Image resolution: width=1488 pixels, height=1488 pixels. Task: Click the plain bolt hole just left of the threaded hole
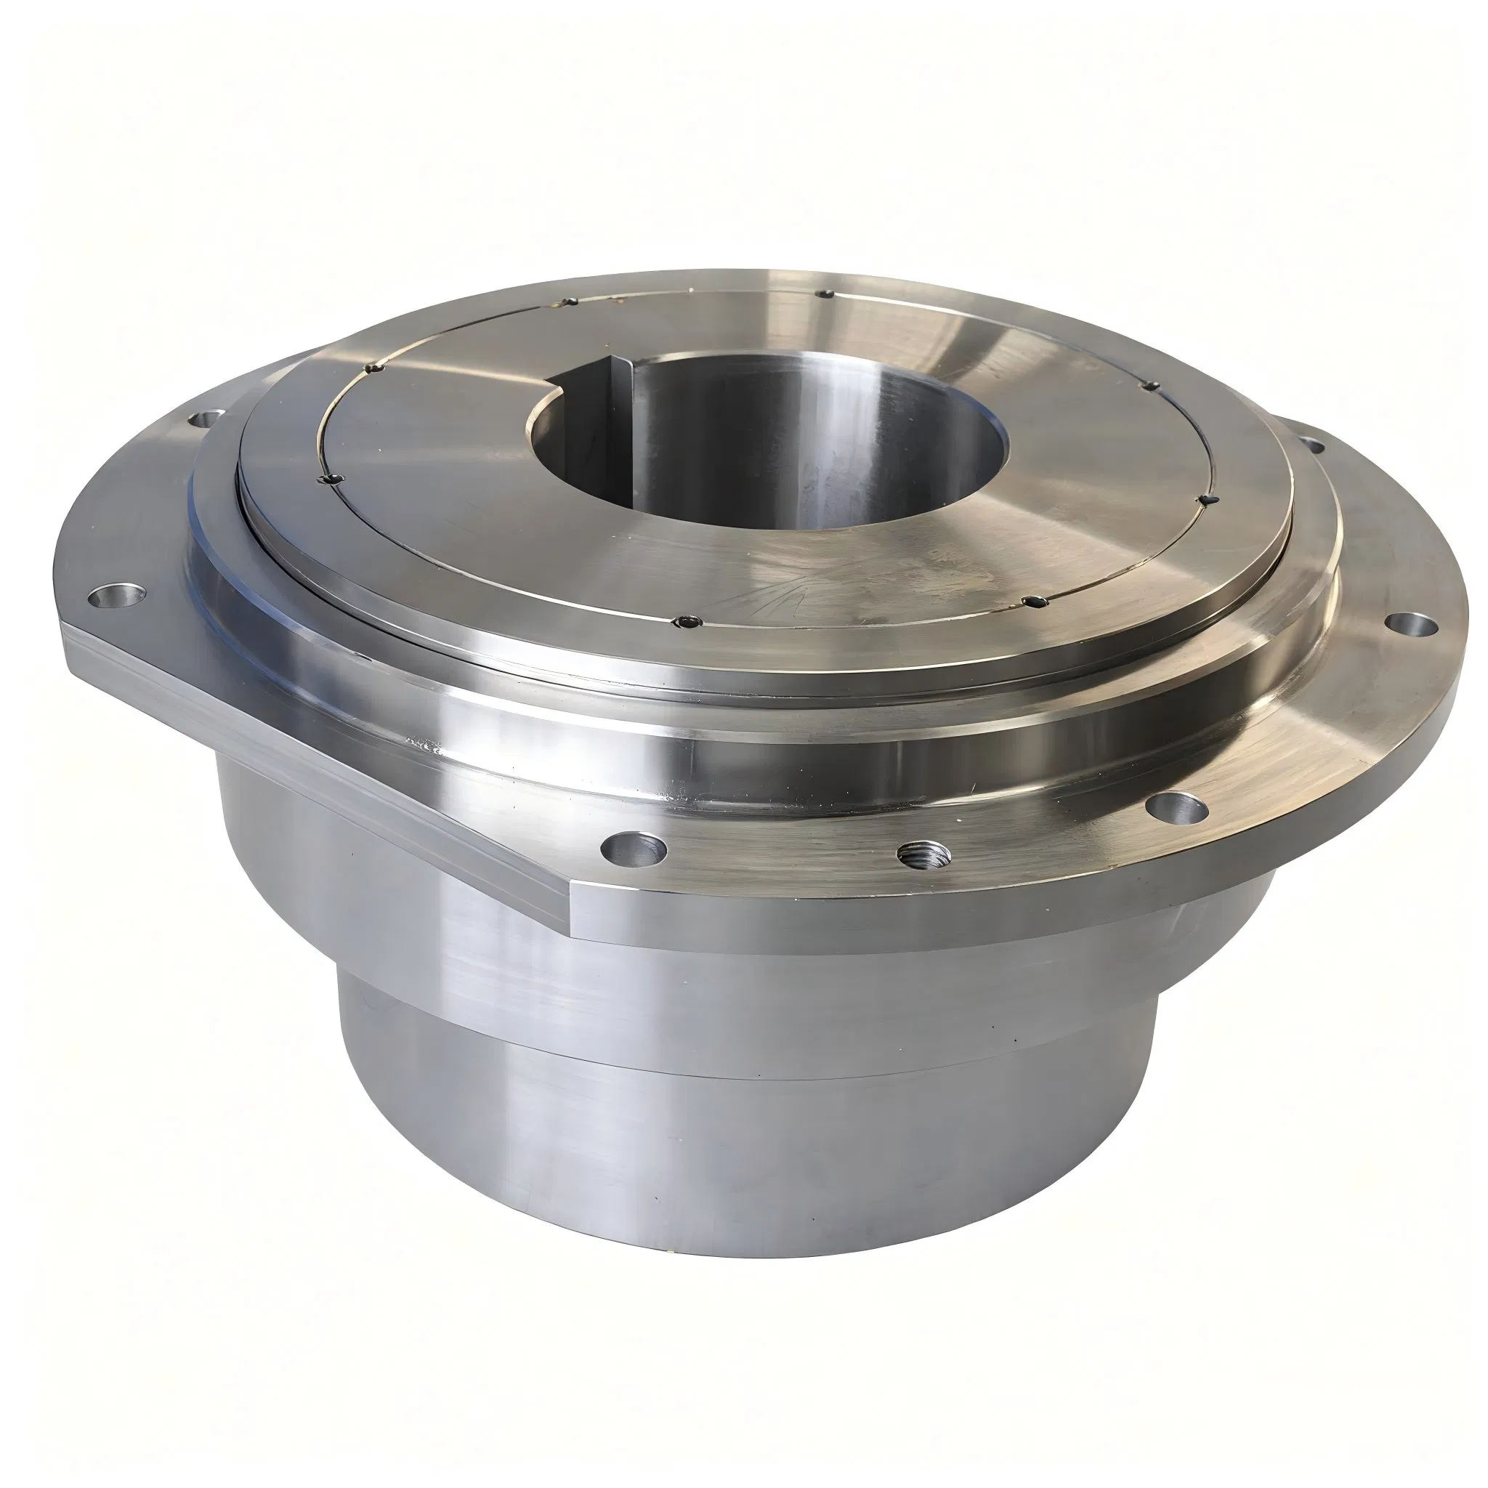634,849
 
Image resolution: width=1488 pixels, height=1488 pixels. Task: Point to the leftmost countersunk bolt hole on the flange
117,595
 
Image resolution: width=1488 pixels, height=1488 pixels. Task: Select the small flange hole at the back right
1310,445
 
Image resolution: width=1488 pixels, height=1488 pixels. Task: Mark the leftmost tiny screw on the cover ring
330,479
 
